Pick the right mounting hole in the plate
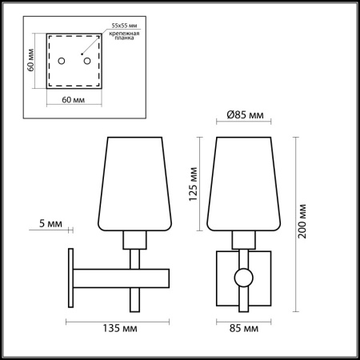pyautogui.click(x=86, y=62)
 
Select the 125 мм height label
pyautogui.click(x=192, y=185)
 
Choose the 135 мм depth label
pyautogui.click(x=118, y=328)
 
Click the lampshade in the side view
pyautogui.click(x=134, y=184)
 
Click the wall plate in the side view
pyautogui.click(x=70, y=278)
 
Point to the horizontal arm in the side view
pyautogui.click(x=120, y=278)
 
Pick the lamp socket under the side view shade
pyautogui.click(x=134, y=238)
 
